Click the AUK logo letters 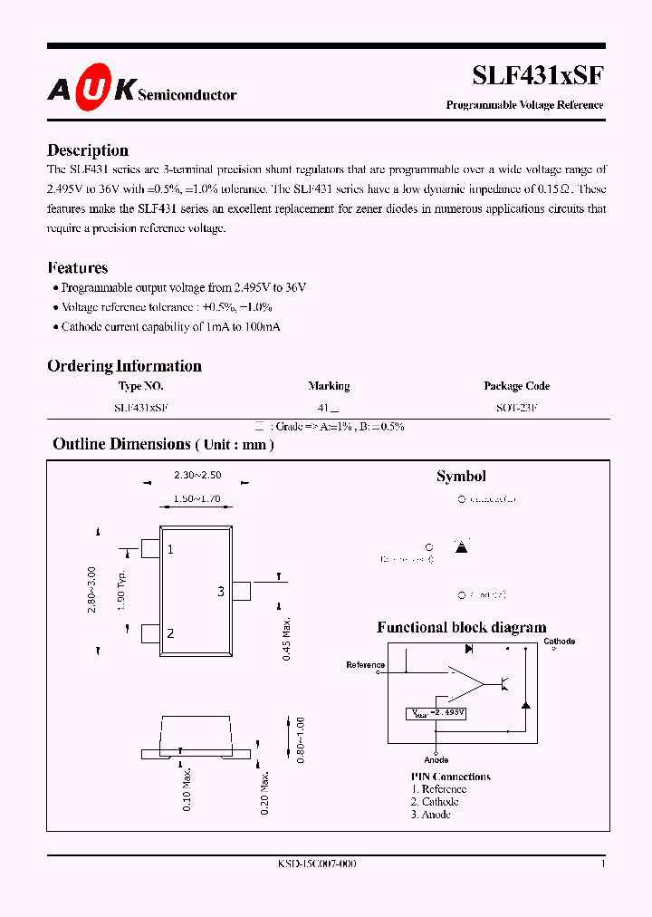91,89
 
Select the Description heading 88,150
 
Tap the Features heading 77,267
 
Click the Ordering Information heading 124,366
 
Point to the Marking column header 329,386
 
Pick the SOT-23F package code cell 516,409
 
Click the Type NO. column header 141,386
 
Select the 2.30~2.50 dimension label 197,475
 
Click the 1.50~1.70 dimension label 196,498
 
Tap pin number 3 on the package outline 220,592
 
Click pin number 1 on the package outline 170,549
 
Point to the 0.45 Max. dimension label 286,638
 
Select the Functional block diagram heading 461,627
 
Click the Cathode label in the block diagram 559,642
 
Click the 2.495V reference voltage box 436,713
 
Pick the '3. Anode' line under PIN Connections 430,815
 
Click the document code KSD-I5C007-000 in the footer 317,864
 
